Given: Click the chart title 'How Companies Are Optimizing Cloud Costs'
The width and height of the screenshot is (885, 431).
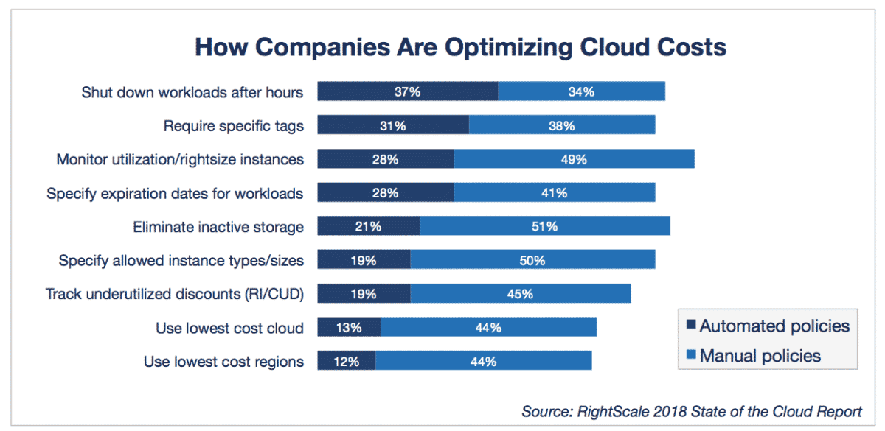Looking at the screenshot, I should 460,47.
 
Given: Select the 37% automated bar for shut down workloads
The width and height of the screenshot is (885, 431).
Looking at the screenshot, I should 407,91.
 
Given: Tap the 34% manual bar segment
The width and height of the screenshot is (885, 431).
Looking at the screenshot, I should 581,91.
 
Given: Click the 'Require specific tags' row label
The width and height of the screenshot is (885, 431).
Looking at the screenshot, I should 233,125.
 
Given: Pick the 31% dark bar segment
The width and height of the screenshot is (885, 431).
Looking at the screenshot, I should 393,125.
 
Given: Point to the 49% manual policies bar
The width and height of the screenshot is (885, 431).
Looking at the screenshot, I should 574,159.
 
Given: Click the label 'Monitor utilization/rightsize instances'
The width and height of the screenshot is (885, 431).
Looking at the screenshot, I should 180,159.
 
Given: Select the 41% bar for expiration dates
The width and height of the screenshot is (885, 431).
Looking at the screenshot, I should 554,193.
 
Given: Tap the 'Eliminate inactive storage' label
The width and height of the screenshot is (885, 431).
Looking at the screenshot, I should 218,227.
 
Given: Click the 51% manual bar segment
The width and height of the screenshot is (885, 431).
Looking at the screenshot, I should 544,227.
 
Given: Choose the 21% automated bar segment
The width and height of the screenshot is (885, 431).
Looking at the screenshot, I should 368,227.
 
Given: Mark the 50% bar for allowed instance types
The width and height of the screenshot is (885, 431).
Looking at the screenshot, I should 532,260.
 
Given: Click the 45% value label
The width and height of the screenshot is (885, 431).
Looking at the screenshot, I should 520,294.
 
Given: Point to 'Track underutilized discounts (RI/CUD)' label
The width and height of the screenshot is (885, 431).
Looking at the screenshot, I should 175,294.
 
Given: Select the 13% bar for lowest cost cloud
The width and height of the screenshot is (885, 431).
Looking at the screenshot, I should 349,328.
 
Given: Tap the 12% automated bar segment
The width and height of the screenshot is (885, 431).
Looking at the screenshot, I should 346,362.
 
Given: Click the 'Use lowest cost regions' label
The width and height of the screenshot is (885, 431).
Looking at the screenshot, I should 224,362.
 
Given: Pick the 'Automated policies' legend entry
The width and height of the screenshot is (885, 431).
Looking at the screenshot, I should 768,326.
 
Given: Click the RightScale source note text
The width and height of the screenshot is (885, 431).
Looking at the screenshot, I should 691,410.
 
